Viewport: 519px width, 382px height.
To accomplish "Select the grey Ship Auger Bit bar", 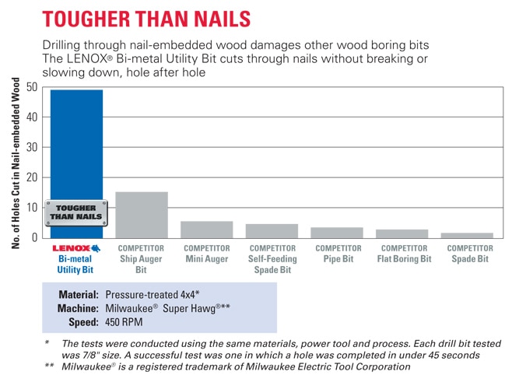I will tap(142, 214).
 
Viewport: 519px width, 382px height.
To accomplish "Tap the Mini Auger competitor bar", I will tap(206, 229).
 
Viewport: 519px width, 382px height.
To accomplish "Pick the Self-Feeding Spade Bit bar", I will tap(272, 230).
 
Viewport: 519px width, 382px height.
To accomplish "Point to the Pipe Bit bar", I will tap(337, 232).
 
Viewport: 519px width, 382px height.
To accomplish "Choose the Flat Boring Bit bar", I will tap(402, 233).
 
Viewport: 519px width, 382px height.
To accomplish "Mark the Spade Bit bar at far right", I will tap(468, 234).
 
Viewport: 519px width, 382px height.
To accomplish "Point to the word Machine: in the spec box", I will tap(78, 308).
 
